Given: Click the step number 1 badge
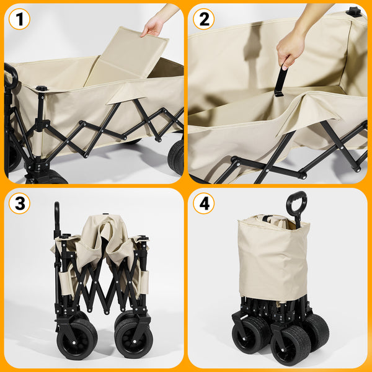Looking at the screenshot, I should click(20, 19).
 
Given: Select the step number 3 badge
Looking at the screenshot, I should click(20, 203).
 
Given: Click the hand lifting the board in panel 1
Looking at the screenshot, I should click(153, 25).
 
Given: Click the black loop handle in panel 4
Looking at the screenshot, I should click(296, 205).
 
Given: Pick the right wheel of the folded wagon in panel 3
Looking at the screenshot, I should click(133, 338).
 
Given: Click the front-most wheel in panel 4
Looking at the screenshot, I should click(290, 344).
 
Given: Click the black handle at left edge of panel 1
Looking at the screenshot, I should click(11, 77).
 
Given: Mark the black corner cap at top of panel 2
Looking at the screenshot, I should click(353, 11).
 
